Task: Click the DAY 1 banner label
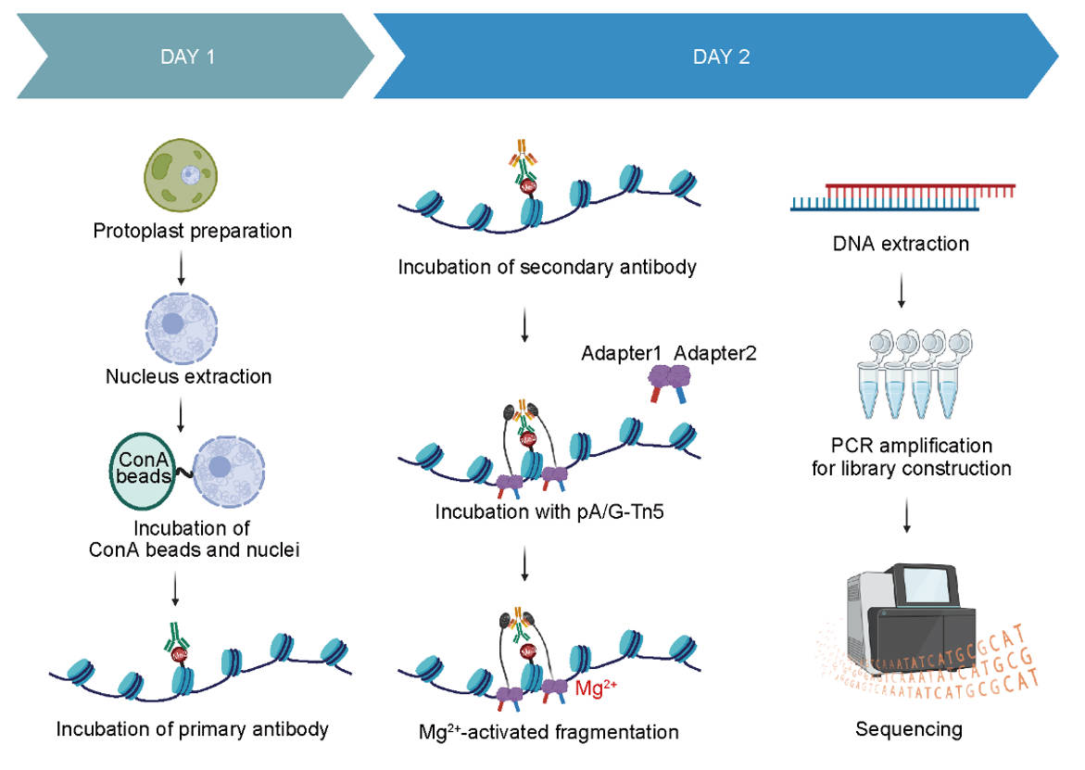[187, 57]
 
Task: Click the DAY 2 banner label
[721, 57]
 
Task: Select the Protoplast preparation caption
[193, 231]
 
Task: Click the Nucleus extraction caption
[188, 376]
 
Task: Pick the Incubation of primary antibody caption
[193, 728]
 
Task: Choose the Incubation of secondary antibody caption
[547, 268]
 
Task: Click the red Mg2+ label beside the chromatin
[597, 688]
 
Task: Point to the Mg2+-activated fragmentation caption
[549, 732]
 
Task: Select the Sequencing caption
[908, 729]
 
